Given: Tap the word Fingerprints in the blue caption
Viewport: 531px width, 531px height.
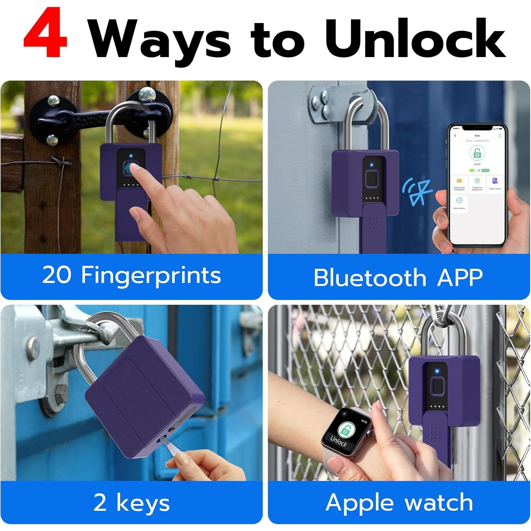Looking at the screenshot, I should pyautogui.click(x=151, y=275).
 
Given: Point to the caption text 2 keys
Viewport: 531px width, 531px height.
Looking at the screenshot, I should pyautogui.click(x=132, y=503).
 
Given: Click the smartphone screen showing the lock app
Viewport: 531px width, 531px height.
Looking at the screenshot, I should pyautogui.click(x=476, y=184).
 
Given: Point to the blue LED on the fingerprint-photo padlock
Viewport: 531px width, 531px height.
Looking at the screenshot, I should pyautogui.click(x=131, y=156).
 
